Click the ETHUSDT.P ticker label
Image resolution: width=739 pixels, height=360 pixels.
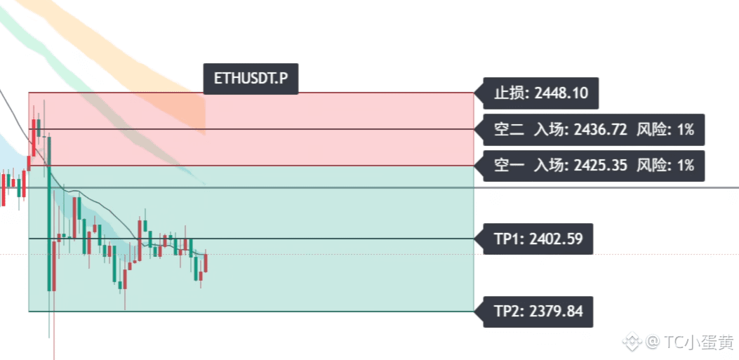[x=251, y=79]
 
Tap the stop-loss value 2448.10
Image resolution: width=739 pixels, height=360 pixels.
[x=561, y=93]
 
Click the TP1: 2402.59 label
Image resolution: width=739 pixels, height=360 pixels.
[x=538, y=239]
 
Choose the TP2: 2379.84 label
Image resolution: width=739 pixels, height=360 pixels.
[x=538, y=312]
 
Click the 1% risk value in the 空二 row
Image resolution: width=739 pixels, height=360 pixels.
[x=686, y=130]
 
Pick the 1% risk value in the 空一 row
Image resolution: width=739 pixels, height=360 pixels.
[x=686, y=166]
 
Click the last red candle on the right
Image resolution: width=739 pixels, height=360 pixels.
[x=206, y=263]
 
